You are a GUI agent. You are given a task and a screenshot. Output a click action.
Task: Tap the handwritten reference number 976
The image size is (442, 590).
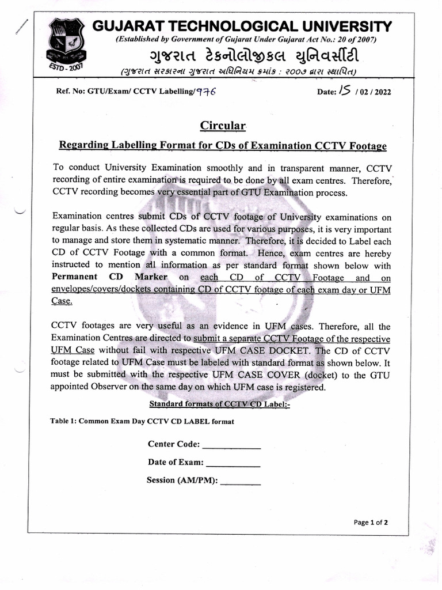pos(205,92)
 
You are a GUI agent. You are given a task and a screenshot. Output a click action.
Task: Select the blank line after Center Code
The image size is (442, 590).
pos(232,444)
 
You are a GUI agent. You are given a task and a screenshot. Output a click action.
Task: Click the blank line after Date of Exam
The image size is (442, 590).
pos(233,462)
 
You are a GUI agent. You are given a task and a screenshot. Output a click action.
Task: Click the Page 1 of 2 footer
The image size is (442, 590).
pos(371,523)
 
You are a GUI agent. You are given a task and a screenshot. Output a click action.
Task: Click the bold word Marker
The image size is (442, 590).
pos(151,277)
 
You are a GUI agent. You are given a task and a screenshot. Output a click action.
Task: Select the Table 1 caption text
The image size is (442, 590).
pos(142,421)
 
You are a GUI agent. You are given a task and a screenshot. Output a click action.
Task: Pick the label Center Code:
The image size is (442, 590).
pos(174,444)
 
